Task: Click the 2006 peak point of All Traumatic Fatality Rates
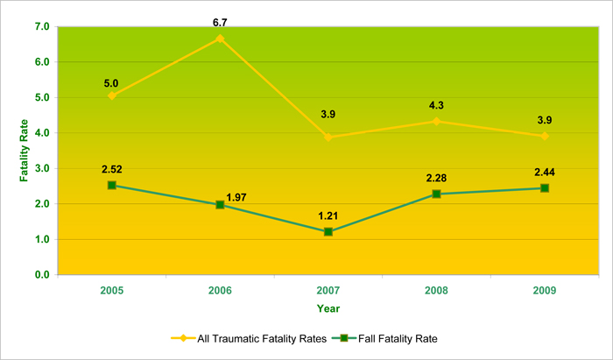coord(220,39)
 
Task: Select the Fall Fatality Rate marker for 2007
coord(328,232)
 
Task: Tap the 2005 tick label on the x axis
coord(112,289)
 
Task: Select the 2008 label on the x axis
coord(436,289)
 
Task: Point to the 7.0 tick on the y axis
coord(40,26)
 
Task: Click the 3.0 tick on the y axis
coord(40,168)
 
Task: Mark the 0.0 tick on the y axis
coord(40,275)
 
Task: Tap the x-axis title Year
coord(328,308)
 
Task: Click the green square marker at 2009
coord(545,188)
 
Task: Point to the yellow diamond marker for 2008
coord(436,121)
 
